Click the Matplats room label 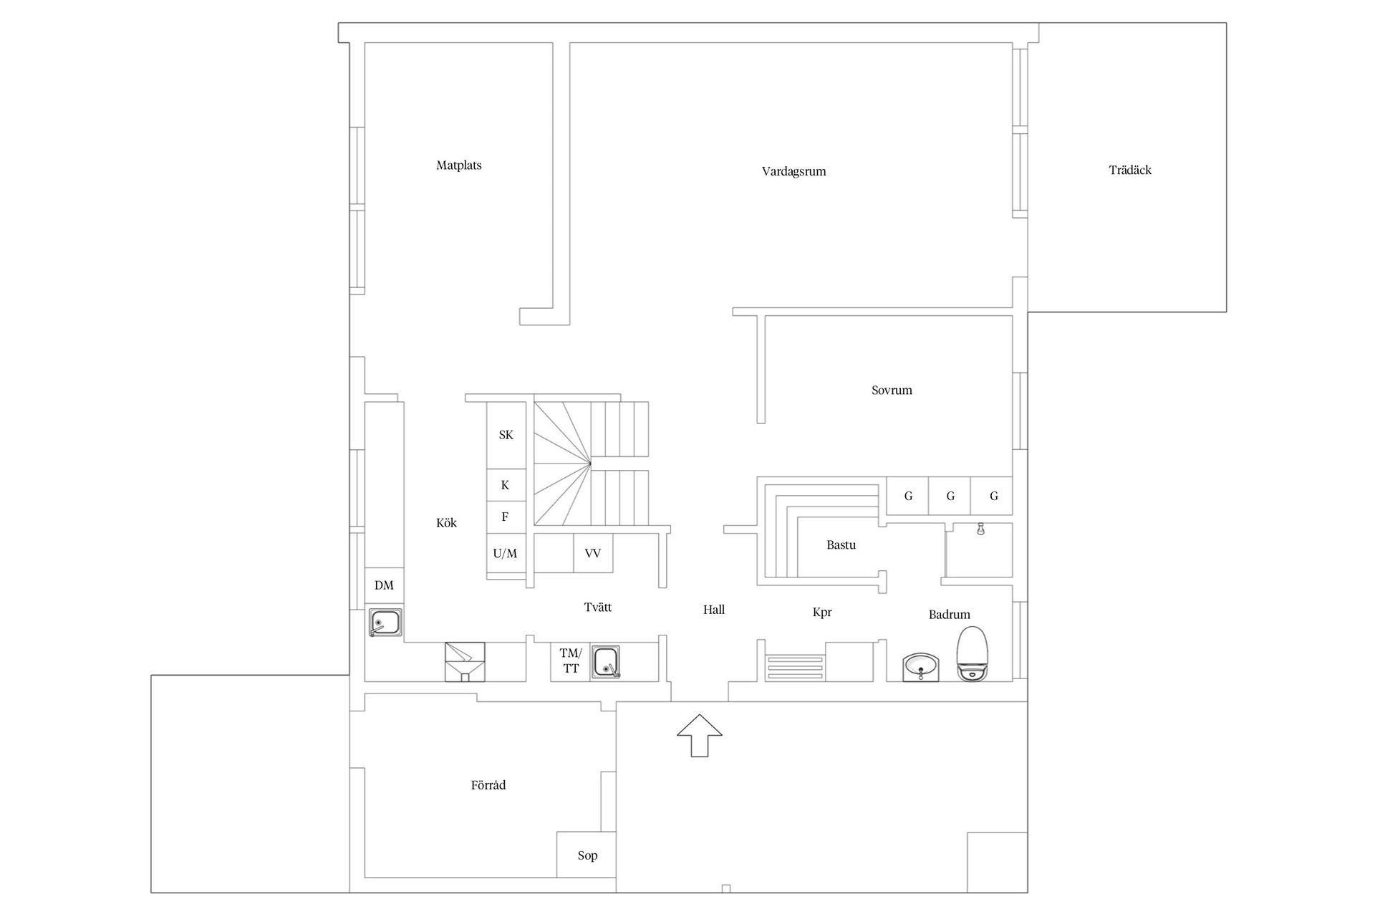459,165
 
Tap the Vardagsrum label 793,172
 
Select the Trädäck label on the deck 1130,171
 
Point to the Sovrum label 892,390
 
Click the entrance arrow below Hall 700,735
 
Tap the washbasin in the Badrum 920,667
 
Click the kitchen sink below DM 385,623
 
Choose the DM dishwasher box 384,585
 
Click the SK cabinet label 506,435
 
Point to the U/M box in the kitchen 506,553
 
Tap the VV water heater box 593,553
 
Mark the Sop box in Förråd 587,855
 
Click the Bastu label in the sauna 841,545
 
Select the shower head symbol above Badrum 980,529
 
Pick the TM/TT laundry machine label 571,661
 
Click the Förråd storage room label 488,785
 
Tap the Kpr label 822,613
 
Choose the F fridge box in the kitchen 506,517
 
